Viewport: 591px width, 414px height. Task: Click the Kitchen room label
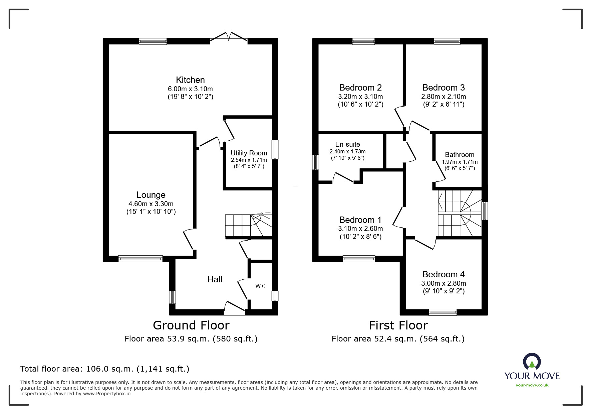(x=190, y=80)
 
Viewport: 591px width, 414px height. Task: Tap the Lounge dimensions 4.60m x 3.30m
(x=151, y=204)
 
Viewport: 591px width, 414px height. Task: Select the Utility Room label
(x=249, y=153)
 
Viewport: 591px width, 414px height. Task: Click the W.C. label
(x=261, y=286)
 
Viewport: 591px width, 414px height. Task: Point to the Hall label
(x=215, y=279)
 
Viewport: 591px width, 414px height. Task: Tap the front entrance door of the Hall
(x=235, y=308)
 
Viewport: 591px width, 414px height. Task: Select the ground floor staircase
(x=248, y=225)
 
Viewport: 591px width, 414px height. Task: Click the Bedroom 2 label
(x=360, y=88)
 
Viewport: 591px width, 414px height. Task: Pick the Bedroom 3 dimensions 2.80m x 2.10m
(x=444, y=97)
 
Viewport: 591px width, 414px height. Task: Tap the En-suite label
(x=347, y=144)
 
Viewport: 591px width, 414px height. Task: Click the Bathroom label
(x=460, y=155)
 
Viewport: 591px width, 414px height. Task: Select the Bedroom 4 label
(x=444, y=274)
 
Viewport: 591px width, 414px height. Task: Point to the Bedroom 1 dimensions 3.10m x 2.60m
(x=360, y=229)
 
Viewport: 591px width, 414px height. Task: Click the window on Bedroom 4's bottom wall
(x=442, y=312)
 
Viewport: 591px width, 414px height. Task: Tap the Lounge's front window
(x=140, y=259)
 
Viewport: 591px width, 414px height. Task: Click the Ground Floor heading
(x=191, y=325)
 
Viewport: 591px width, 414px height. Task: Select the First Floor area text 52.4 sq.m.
(x=398, y=339)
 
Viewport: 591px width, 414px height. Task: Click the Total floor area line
(x=105, y=369)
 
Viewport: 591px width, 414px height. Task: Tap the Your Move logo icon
(x=532, y=362)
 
